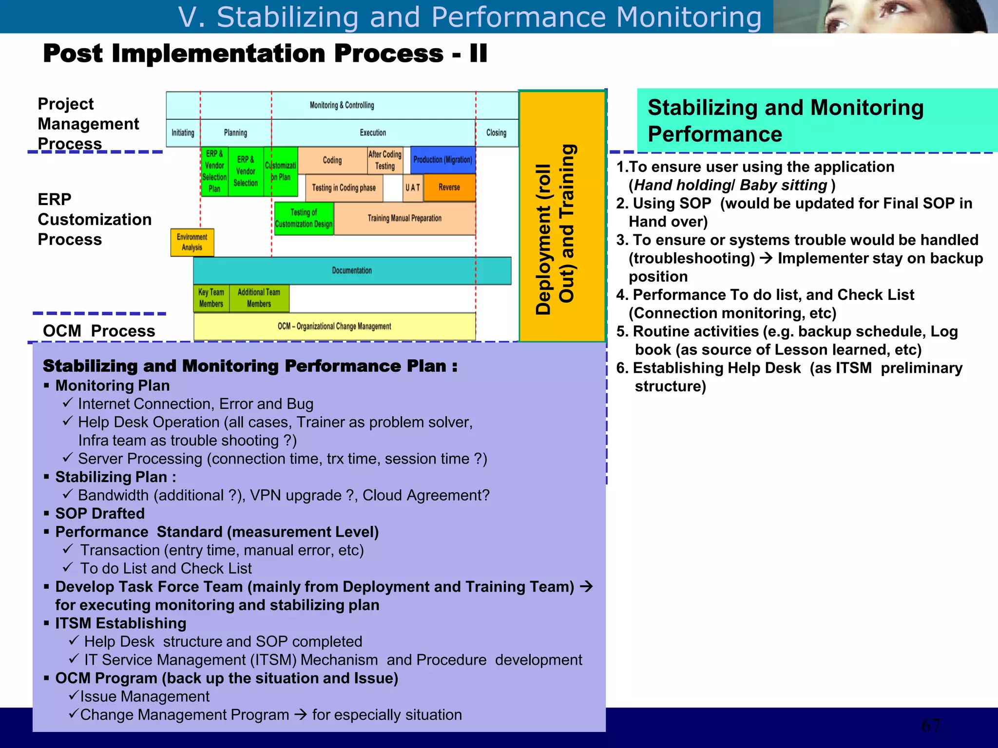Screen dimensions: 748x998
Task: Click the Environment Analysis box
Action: pyautogui.click(x=192, y=242)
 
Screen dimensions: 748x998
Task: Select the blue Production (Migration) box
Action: pyautogui.click(x=442, y=160)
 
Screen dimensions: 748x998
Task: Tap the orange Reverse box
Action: pyautogui.click(x=449, y=187)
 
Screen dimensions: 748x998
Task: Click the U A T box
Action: pyautogui.click(x=413, y=188)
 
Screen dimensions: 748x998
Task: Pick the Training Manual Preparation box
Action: pyautogui.click(x=404, y=219)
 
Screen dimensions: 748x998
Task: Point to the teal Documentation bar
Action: pyautogui.click(x=352, y=271)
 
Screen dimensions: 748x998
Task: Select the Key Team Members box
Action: pyautogui.click(x=211, y=298)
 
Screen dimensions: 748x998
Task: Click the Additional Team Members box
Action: pyautogui.click(x=259, y=298)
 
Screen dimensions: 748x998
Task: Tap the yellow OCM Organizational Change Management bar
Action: pyautogui.click(x=334, y=326)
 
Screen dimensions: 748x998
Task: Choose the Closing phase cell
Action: pyautogui.click(x=496, y=133)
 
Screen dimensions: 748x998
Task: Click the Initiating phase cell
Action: pyautogui.click(x=183, y=133)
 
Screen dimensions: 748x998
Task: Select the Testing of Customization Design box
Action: pyautogui.click(x=304, y=219)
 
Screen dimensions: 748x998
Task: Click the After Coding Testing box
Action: pyautogui.click(x=385, y=160)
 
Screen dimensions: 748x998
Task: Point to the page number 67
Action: pyautogui.click(x=930, y=726)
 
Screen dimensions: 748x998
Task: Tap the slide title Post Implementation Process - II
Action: pyautogui.click(x=265, y=54)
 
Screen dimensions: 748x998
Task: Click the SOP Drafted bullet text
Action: pyautogui.click(x=100, y=514)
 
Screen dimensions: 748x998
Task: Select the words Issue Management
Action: pyautogui.click(x=145, y=697)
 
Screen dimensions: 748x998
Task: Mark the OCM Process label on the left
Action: pyautogui.click(x=99, y=331)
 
